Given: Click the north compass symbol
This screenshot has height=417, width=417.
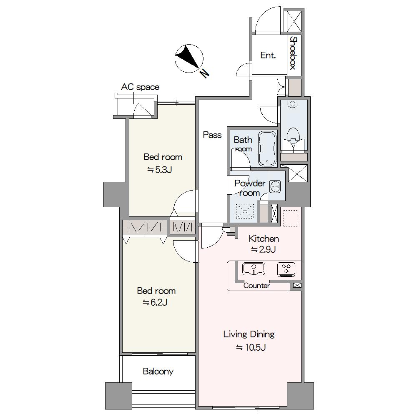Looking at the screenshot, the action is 189,58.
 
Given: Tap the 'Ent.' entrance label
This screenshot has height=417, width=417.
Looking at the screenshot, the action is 268,55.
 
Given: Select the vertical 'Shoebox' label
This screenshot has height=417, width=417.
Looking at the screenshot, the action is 293,53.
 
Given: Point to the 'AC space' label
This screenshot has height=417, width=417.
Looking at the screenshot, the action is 140,87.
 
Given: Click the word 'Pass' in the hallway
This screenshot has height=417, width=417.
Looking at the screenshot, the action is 212,135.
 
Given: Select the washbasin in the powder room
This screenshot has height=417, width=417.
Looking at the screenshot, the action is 275,186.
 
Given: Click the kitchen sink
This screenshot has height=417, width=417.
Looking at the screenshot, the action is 254,269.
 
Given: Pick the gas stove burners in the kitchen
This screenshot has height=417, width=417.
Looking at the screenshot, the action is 286,269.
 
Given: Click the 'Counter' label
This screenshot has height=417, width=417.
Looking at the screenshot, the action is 256,286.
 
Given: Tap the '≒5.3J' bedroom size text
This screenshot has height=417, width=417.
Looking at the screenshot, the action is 160,170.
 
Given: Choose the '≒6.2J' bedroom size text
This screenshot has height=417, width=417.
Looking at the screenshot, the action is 155,302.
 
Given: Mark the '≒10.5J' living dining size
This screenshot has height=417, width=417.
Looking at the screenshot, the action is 251,347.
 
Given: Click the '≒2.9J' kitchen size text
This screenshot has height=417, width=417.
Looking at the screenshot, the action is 264,249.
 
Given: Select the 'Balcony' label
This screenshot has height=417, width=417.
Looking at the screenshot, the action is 158,371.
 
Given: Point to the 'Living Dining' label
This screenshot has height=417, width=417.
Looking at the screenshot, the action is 249,334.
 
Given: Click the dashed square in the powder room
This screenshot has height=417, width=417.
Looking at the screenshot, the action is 245,211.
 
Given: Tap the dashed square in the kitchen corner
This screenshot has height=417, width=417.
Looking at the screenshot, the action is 291,218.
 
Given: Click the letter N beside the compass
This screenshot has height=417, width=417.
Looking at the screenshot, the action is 204,73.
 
